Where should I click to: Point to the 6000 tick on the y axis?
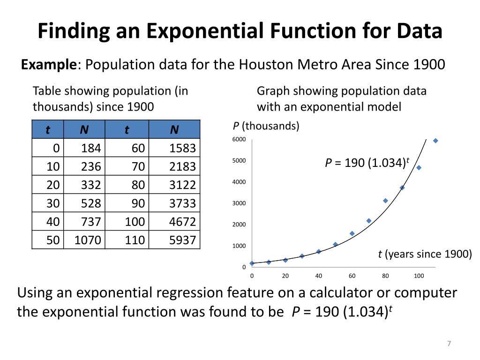pyautogui.click(x=239, y=140)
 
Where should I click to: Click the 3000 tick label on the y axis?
pyautogui.click(x=239, y=203)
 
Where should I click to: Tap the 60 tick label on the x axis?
pyautogui.click(x=352, y=276)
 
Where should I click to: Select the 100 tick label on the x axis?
pyautogui.click(x=419, y=276)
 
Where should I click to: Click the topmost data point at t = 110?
pyautogui.click(x=435, y=141)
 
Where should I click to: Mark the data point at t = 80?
pyautogui.click(x=385, y=201)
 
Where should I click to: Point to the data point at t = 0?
pyautogui.click(x=252, y=263)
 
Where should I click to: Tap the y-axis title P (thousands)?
pyautogui.click(x=266, y=126)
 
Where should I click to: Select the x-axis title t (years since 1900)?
pyautogui.click(x=425, y=254)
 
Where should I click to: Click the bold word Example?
pyautogui.click(x=49, y=64)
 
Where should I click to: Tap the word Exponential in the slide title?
pyautogui.click(x=208, y=31)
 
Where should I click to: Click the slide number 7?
pyautogui.click(x=449, y=344)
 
